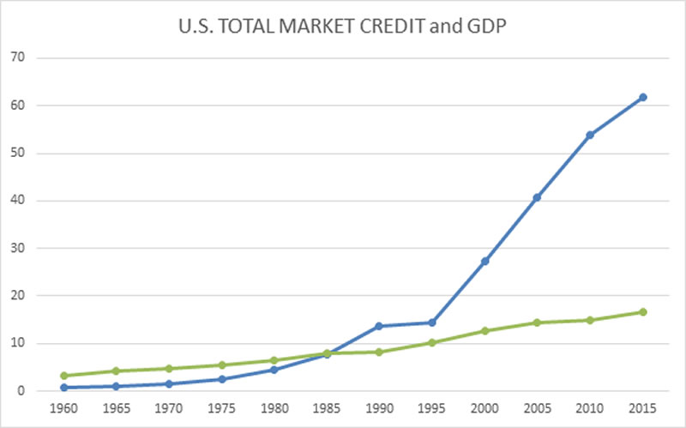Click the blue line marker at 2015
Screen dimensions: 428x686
(642, 97)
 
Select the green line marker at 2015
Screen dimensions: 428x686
(642, 312)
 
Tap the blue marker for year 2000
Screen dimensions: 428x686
(484, 261)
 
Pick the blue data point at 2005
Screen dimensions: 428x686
(537, 197)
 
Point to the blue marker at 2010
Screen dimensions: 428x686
(590, 135)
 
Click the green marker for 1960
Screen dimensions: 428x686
(63, 376)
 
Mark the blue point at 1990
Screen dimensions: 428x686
(379, 326)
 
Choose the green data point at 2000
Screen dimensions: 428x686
(484, 330)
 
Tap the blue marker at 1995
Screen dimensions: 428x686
(432, 323)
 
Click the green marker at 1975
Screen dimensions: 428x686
(221, 365)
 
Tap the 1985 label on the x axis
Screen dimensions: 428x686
(327, 409)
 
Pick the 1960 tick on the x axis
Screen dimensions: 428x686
(63, 409)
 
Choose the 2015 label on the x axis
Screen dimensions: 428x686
(642, 409)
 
